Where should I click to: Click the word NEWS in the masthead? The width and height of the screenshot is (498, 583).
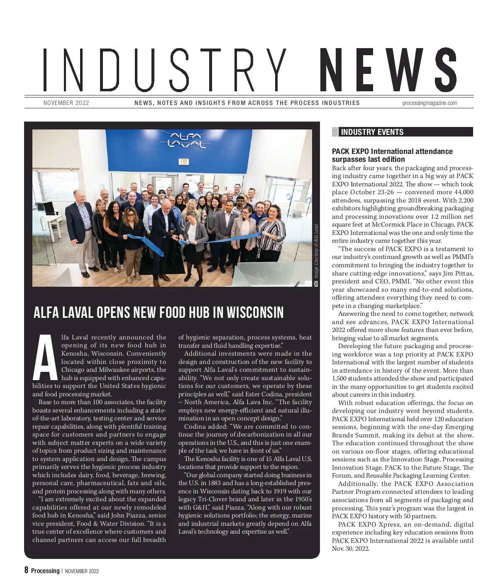(388, 71)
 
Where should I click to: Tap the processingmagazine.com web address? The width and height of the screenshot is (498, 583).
(430, 103)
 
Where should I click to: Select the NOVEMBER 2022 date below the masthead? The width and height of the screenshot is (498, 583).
(66, 103)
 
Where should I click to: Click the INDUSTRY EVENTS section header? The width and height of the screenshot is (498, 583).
(372, 132)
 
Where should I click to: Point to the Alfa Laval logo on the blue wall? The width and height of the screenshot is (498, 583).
(186, 140)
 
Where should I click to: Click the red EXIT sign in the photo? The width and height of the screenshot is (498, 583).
(184, 162)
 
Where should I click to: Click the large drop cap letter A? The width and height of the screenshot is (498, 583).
(45, 358)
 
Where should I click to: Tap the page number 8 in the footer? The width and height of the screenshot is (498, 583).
(27, 570)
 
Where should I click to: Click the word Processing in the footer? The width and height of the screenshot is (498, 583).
(45, 571)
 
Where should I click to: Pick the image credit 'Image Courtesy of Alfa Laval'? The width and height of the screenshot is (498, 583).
(316, 251)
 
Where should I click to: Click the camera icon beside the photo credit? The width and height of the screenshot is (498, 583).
(316, 284)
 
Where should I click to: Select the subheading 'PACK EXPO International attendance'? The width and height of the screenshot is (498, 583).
(392, 151)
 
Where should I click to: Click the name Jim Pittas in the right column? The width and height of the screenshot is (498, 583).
(456, 273)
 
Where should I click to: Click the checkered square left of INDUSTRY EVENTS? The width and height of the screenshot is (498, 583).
(335, 132)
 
